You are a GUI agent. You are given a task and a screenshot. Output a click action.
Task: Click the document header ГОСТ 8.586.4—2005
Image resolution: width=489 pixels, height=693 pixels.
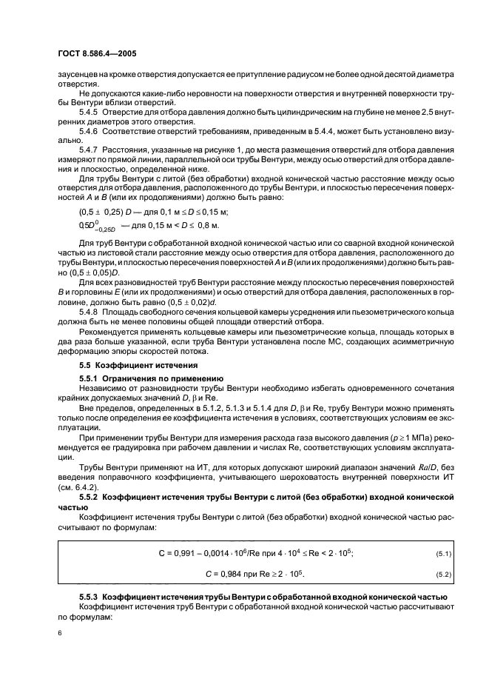94,54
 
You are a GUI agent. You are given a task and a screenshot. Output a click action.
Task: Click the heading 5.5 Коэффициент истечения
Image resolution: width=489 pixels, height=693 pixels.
130,366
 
